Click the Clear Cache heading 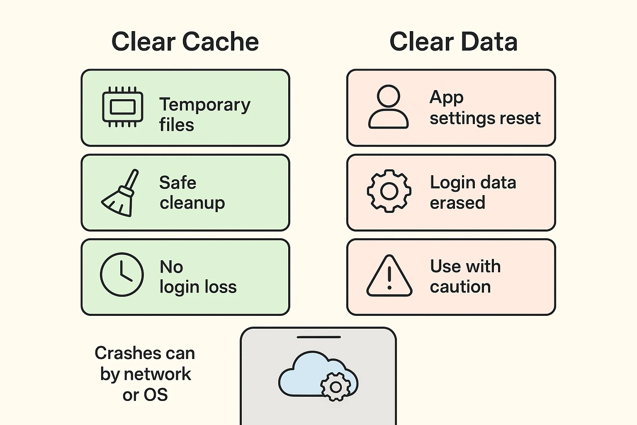click(185, 42)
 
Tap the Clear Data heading click(453, 42)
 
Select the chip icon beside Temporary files click(123, 107)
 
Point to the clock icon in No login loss click(122, 274)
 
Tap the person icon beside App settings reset click(389, 107)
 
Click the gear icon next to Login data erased click(389, 191)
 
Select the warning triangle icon click(389, 276)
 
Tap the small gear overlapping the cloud click(336, 387)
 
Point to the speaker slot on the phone click(319, 337)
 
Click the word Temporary click(205, 105)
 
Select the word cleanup click(192, 203)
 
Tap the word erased click(457, 203)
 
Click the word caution click(460, 287)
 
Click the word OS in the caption click(156, 395)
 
